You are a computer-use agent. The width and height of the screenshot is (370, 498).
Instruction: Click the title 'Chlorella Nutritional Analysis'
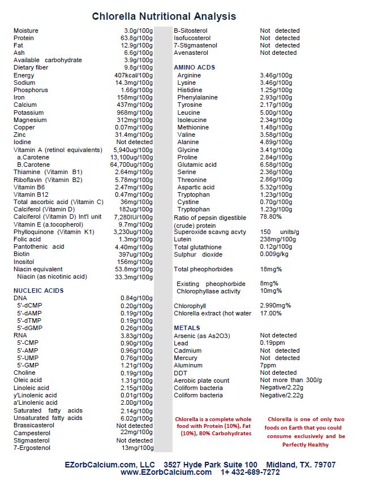coord(164,16)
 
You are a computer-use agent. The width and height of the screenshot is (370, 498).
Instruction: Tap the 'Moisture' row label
coord(26,31)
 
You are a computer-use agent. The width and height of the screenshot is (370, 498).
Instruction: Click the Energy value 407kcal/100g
coord(134,75)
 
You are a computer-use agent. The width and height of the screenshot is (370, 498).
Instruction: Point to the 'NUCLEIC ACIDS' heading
coord(38,291)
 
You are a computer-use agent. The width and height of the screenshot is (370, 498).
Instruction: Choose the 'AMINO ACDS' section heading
coord(195,67)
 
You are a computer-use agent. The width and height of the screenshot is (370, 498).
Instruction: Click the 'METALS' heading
coord(187,328)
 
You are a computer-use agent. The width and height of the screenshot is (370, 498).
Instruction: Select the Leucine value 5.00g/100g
coord(276,112)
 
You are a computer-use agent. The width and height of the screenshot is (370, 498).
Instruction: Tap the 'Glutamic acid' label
coord(197,164)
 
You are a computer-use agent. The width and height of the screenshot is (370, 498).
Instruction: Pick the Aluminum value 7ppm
coord(268,365)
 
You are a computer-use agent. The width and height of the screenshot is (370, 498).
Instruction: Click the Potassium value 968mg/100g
coord(135,112)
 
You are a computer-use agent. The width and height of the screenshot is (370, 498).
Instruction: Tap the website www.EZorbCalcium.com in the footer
coord(166,473)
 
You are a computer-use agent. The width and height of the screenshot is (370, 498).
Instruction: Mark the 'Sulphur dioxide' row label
coord(199,254)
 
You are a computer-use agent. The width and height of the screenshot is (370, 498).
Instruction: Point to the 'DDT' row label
coord(180,373)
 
